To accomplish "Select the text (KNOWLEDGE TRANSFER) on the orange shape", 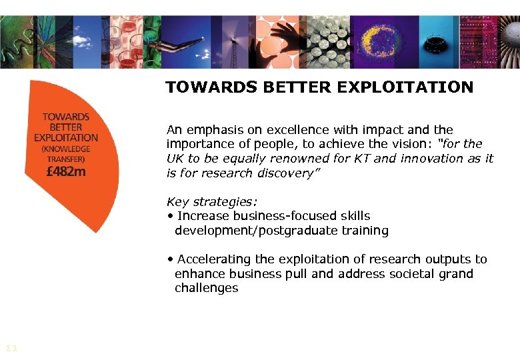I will [66, 154].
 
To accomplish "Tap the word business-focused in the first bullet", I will [294, 216].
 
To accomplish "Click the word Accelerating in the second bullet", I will [214, 259].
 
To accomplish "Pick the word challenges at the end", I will [206, 288].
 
